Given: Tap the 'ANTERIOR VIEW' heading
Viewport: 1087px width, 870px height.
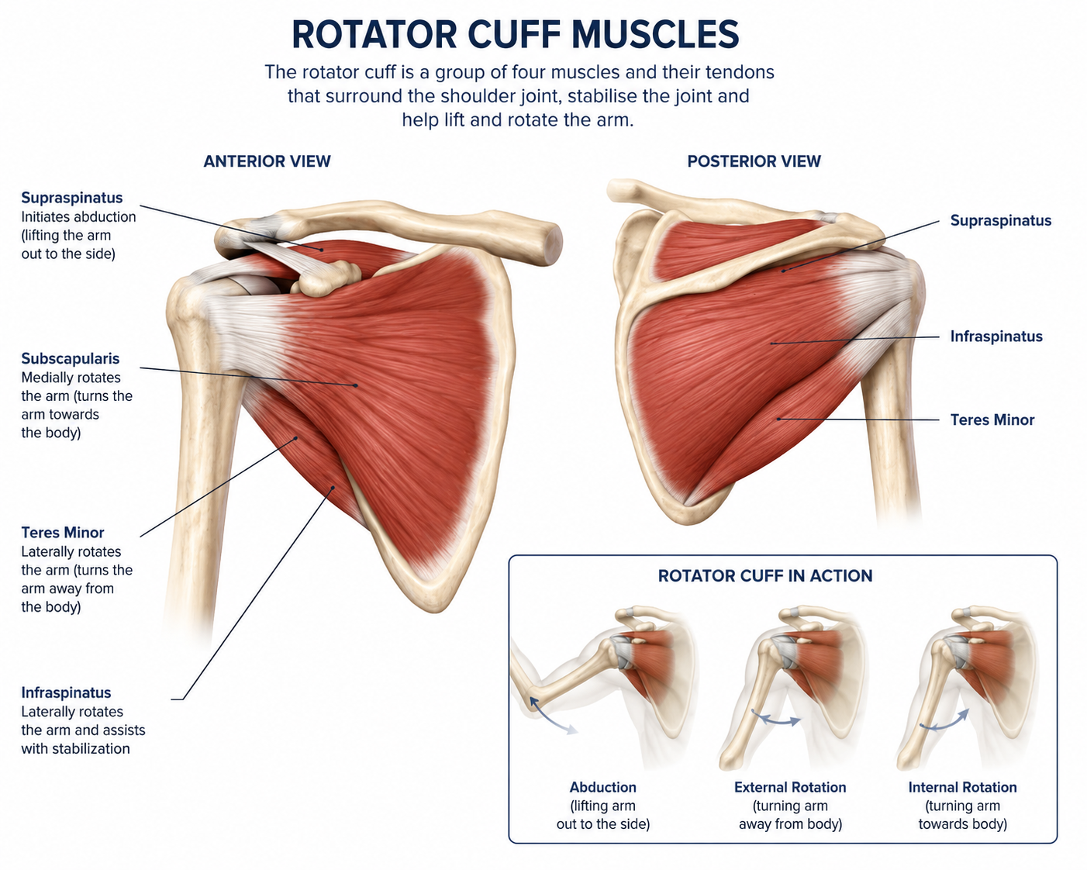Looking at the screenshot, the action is coord(267,161).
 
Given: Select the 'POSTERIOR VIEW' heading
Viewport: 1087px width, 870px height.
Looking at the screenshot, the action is coord(754,161).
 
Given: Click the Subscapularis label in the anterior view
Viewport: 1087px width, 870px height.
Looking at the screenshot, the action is coord(71,358).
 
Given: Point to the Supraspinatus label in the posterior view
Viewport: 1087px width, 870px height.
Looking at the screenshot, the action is coord(1001,220).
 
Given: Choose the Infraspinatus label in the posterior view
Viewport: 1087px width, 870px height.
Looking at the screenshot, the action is coord(996,337).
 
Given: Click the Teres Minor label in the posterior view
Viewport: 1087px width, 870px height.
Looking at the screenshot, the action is coord(992,419).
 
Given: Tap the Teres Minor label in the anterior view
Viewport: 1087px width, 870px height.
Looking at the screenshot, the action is coord(63,533).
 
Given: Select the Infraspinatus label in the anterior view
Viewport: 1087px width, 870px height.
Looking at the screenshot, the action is coord(66,692).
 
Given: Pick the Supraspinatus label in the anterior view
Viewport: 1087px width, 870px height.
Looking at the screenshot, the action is coord(72,198).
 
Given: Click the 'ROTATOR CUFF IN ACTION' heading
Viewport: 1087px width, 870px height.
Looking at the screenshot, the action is coord(764,576).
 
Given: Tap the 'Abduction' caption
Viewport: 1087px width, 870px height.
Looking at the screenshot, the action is coord(602,787).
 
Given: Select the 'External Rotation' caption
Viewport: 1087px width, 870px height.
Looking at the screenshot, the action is coord(790,787).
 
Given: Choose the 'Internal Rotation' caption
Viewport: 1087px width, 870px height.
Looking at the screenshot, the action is coord(962,787).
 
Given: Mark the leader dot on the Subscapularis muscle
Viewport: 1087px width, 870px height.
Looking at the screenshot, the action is coord(356,385).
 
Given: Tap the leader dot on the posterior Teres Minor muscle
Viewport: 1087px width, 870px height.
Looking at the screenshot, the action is coord(778,419).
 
